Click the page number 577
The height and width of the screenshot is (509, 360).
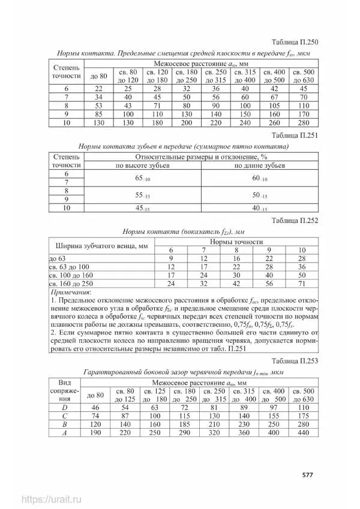click(x=307, y=475)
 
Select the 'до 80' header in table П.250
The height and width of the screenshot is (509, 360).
click(x=98, y=76)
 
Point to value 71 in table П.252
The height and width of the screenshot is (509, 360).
click(x=302, y=282)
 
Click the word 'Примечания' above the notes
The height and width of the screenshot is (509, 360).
click(x=71, y=291)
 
